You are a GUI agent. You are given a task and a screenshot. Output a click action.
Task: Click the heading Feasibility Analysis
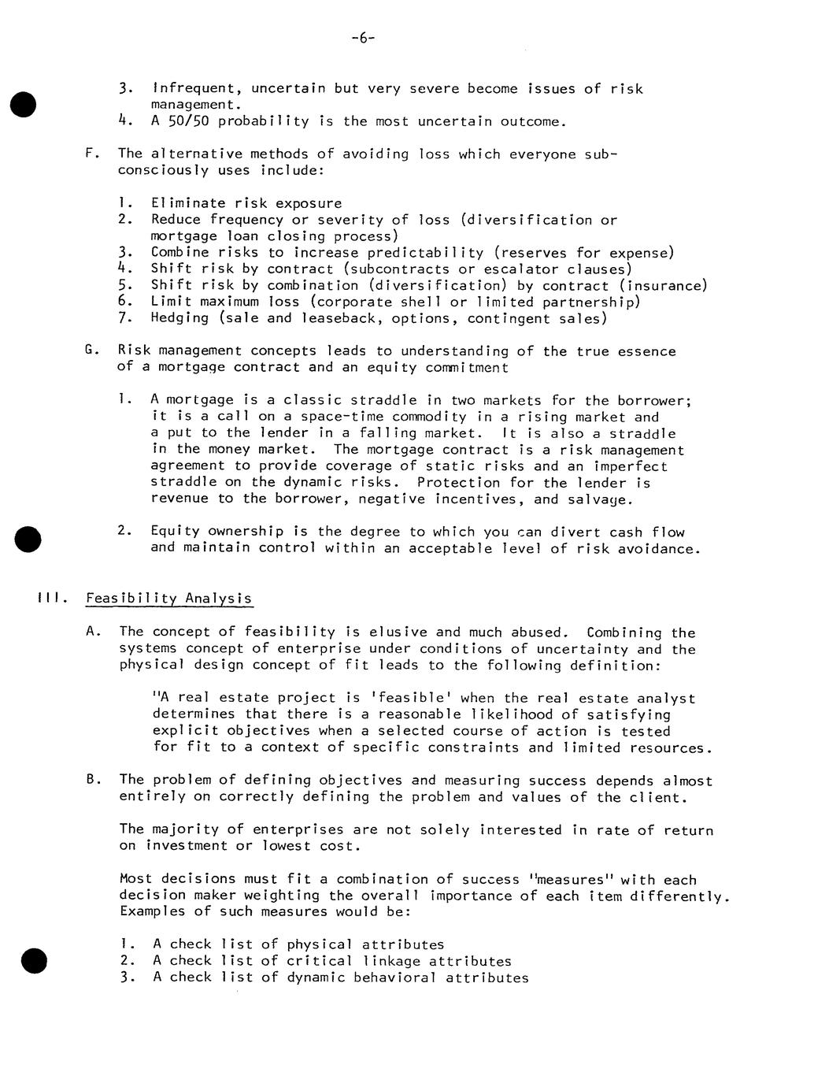pyautogui.click(x=169, y=598)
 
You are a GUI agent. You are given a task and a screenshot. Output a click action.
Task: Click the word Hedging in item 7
pyautogui.click(x=180, y=318)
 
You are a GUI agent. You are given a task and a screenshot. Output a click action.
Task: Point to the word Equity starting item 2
pyautogui.click(x=176, y=532)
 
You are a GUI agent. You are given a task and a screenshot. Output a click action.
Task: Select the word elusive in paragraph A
pyautogui.click(x=398, y=632)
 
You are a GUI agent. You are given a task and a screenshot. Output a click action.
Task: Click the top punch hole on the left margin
pyautogui.click(x=24, y=104)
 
